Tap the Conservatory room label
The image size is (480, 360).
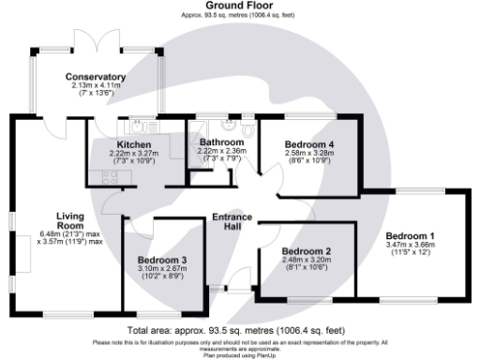pos(96,77)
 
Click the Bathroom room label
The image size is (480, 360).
pos(222,142)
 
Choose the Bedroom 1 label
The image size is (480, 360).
pos(411,234)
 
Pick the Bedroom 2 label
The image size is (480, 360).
pos(307,252)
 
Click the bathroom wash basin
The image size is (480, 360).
pos(228,126)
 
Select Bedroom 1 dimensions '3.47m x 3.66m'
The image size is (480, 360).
pos(411,244)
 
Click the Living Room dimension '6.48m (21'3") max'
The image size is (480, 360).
pos(69,233)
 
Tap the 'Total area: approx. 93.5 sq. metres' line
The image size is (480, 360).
pos(240,331)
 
